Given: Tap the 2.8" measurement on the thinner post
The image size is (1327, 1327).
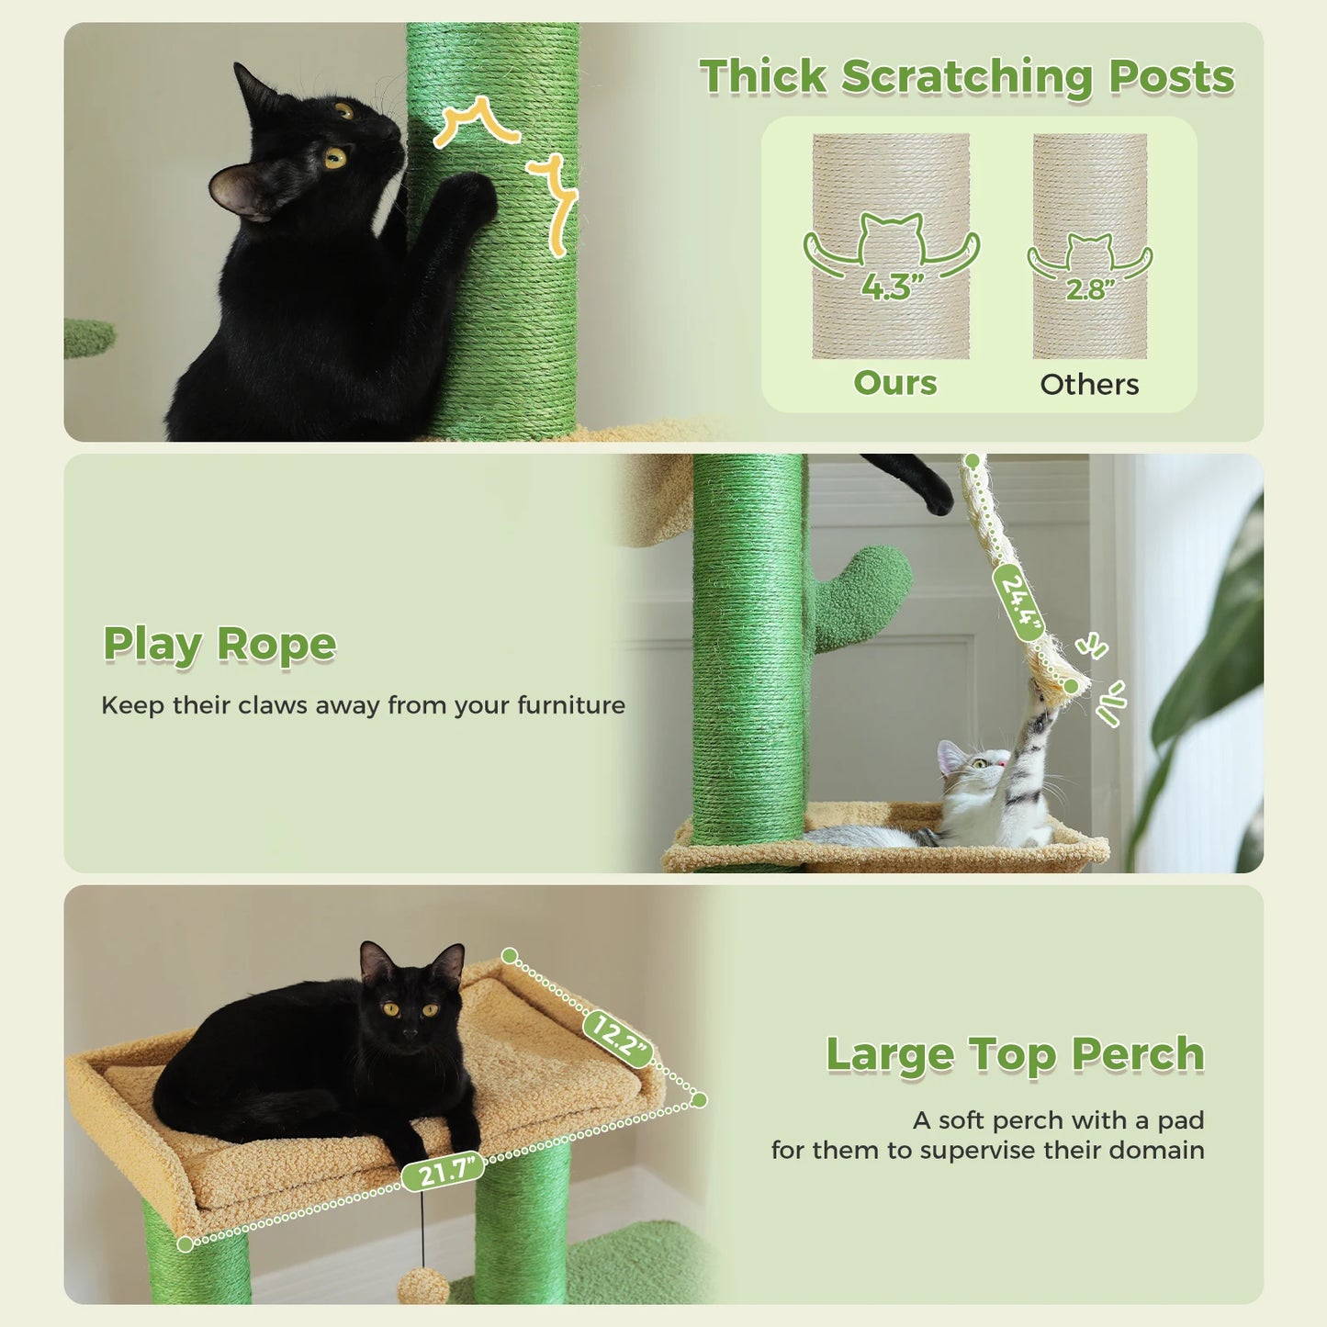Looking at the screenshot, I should pos(1089,289).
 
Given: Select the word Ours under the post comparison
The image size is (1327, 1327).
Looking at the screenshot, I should pos(895,382).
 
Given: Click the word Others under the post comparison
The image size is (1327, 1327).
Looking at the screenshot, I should pos(1089,384).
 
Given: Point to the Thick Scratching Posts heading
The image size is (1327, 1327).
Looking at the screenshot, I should pos(966,76).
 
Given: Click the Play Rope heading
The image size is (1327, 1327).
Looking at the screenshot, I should pos(219,645).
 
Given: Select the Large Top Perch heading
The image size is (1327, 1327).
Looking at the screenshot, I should pos(1015,1054).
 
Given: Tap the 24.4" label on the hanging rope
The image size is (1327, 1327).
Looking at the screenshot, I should pos(1018,602).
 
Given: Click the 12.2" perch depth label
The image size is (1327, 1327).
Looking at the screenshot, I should pos(618,1039).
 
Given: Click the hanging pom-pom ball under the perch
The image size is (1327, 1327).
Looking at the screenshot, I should pos(423,1285).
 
